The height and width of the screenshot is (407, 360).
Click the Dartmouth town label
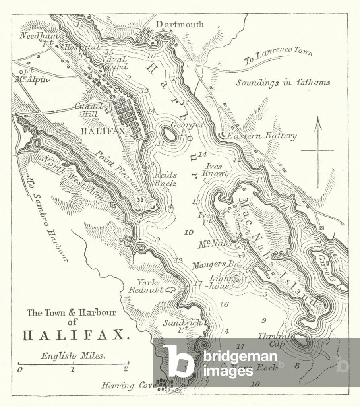click(179, 25)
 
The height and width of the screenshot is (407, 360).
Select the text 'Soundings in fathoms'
click(283, 83)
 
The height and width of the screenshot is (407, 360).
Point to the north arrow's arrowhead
click(318, 121)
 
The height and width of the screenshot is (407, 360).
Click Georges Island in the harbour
click(170, 135)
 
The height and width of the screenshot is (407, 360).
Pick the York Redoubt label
click(145, 286)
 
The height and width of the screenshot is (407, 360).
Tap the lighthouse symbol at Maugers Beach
click(236, 279)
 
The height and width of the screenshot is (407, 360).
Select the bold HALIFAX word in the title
click(76, 335)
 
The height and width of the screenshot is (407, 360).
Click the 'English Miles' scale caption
click(73, 356)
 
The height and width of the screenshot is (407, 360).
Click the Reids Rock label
click(166, 179)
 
